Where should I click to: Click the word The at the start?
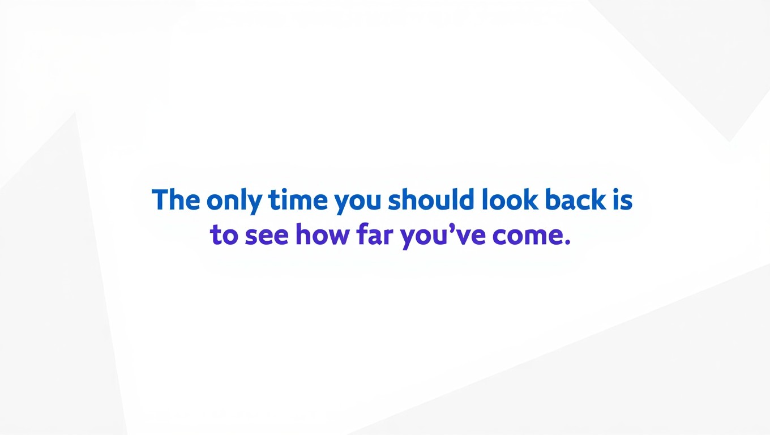pos(176,200)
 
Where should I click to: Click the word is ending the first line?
pos(622,200)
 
